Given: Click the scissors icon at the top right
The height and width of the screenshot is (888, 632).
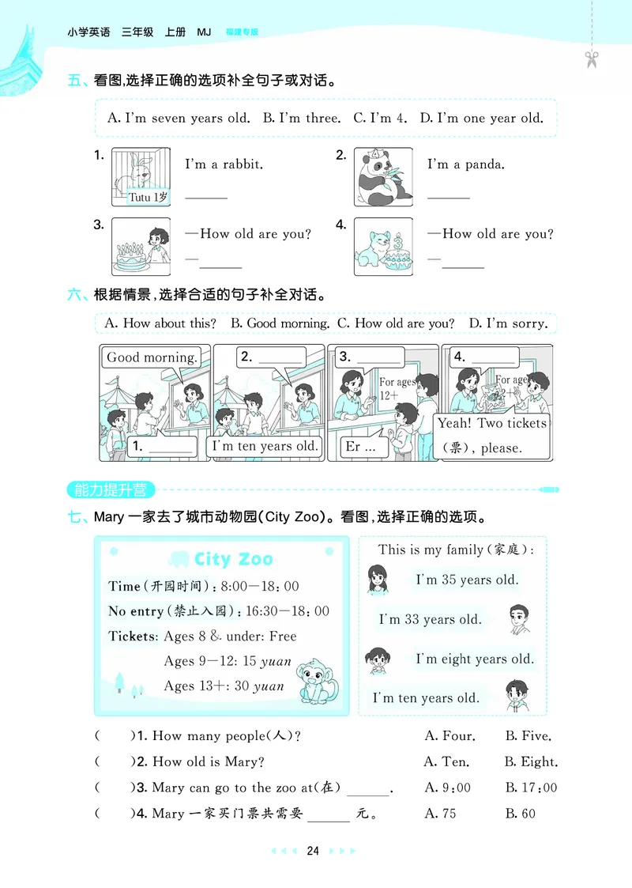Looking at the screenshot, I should tap(589, 58).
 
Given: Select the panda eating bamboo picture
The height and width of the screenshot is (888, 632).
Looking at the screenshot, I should tap(382, 177).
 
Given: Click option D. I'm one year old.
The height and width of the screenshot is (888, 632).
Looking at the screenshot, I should tap(481, 119).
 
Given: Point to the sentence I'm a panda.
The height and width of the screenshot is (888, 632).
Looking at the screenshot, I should tap(466, 164).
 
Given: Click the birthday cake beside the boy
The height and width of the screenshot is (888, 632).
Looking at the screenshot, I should tap(130, 255).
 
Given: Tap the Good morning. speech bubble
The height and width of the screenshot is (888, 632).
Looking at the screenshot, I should tap(152, 357).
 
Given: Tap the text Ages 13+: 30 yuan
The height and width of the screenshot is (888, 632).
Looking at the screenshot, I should tap(224, 686).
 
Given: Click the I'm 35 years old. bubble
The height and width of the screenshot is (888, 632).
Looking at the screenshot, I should tap(467, 580).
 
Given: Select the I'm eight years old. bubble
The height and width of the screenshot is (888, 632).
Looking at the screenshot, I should tap(474, 659).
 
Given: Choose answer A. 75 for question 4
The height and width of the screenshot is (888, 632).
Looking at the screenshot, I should tap(440, 813).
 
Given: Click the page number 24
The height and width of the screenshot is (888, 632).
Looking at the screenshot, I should tap(313, 851).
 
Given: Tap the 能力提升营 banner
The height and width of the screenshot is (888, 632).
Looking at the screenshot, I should tap(111, 489).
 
